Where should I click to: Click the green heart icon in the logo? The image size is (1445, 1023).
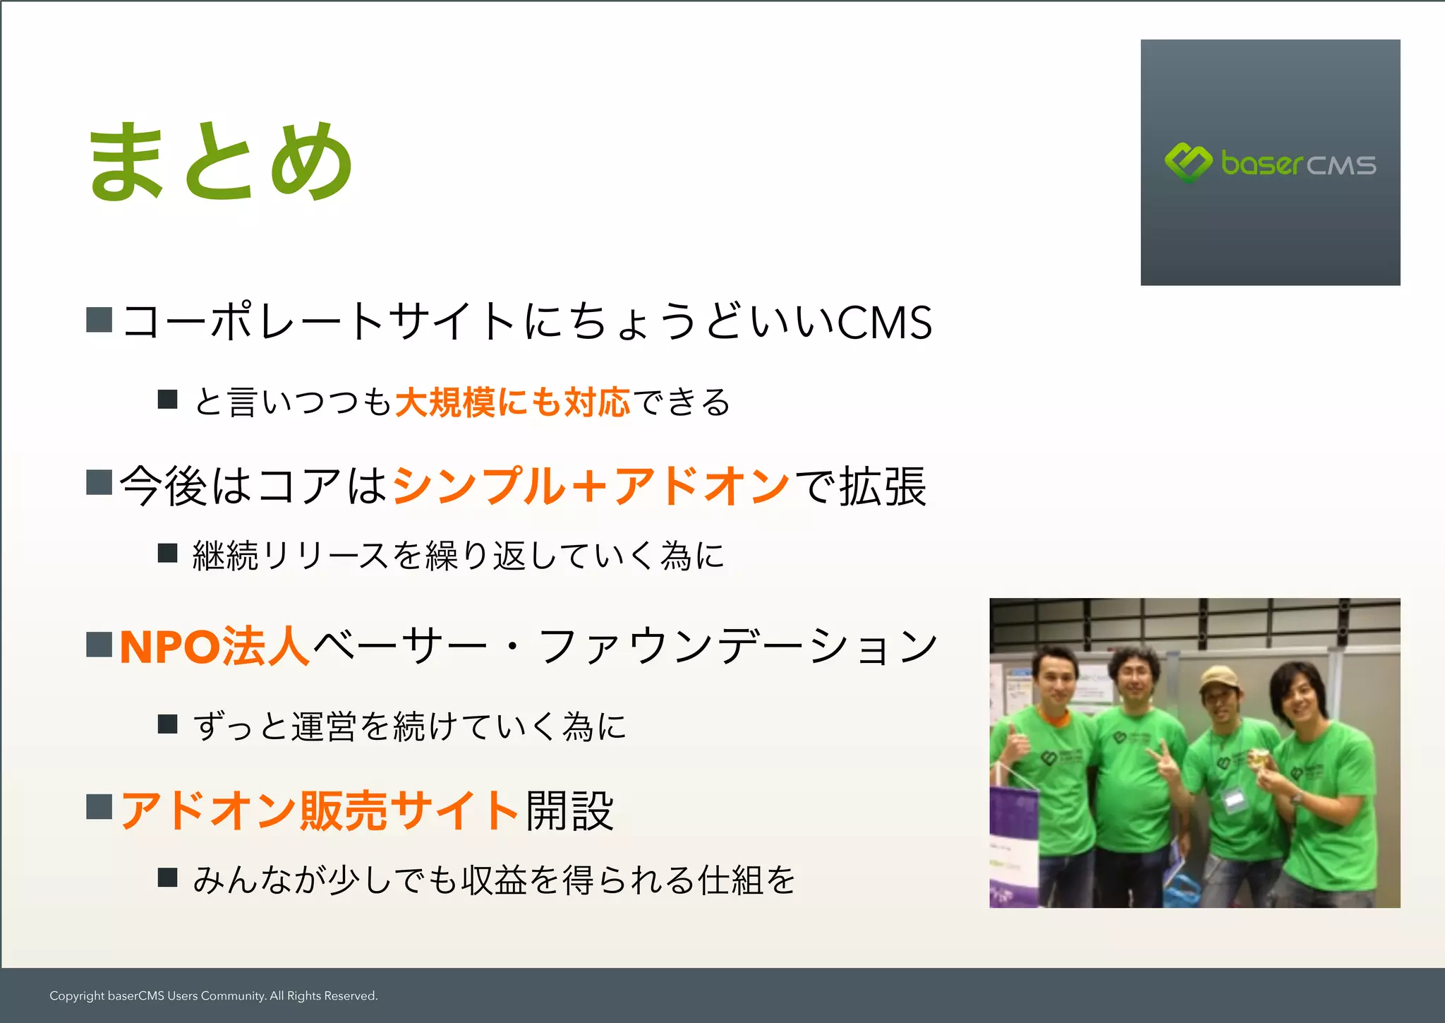click(1187, 162)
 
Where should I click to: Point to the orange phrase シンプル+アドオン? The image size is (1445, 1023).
click(591, 486)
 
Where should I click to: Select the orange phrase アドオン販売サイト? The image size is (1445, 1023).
click(320, 810)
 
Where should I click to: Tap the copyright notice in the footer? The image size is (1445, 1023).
click(213, 995)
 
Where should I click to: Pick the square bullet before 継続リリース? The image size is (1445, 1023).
click(167, 553)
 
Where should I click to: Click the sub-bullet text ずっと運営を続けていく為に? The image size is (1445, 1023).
click(409, 726)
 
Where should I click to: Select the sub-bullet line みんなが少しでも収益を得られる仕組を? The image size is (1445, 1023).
click(494, 880)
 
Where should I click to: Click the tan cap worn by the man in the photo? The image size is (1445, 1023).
click(1219, 678)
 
